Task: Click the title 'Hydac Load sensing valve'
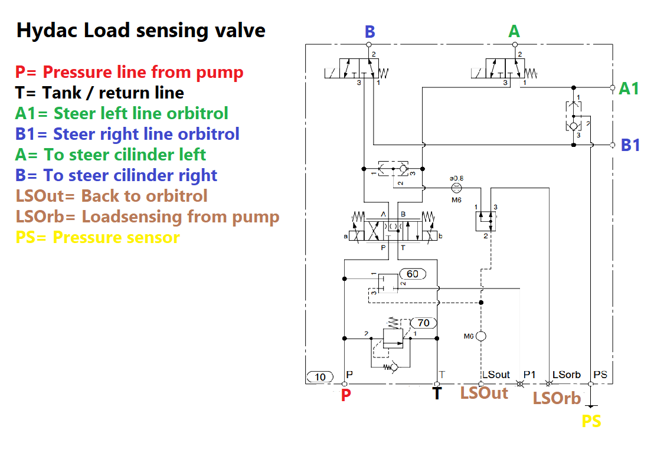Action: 141,31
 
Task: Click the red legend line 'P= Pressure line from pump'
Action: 129,72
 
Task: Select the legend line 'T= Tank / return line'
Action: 99,93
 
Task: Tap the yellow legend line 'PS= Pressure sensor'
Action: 97,237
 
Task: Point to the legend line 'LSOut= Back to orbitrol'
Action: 112,196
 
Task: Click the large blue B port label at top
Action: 370,32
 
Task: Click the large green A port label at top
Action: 514,31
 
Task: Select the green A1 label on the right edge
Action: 629,88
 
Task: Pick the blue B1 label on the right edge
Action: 630,145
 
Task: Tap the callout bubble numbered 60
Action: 413,274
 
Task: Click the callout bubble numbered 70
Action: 423,323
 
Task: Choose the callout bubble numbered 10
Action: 320,377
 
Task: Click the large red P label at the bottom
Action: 346,395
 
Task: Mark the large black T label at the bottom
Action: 437,393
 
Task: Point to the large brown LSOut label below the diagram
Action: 484,393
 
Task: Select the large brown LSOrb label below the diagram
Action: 557,398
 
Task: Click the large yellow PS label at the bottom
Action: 591,421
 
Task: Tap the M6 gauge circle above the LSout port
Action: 481,336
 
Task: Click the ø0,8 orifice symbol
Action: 457,188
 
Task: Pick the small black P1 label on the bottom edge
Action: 529,375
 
